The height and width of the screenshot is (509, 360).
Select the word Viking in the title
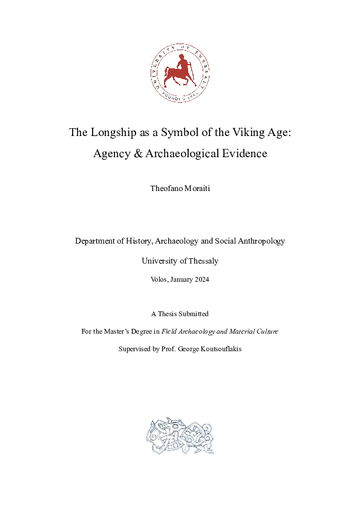point(243,132)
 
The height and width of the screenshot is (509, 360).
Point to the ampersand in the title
point(134,154)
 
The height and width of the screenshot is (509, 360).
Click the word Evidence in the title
point(243,154)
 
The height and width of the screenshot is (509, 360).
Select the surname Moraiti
point(198,189)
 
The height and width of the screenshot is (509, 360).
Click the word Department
point(97,241)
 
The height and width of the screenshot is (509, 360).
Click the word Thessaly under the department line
point(202,261)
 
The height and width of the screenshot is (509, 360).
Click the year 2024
point(202,280)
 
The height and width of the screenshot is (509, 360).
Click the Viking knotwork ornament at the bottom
point(180,435)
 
